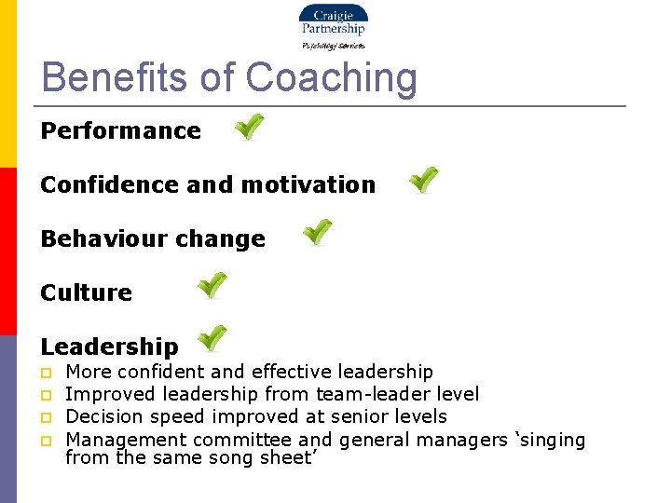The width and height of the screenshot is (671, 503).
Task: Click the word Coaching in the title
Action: (x=331, y=77)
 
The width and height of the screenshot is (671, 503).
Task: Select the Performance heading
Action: (x=120, y=130)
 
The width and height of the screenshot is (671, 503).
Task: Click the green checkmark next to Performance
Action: (x=249, y=127)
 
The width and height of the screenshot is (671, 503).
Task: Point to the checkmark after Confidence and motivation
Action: (x=424, y=180)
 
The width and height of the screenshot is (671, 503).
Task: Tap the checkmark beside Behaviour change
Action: (x=318, y=232)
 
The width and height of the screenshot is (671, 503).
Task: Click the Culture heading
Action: (x=86, y=292)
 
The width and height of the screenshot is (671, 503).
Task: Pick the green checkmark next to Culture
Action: (x=212, y=285)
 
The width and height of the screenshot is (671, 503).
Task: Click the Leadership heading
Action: (x=109, y=347)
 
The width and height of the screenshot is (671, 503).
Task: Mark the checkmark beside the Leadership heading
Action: (x=212, y=338)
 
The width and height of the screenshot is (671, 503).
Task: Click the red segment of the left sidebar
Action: (x=7, y=251)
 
